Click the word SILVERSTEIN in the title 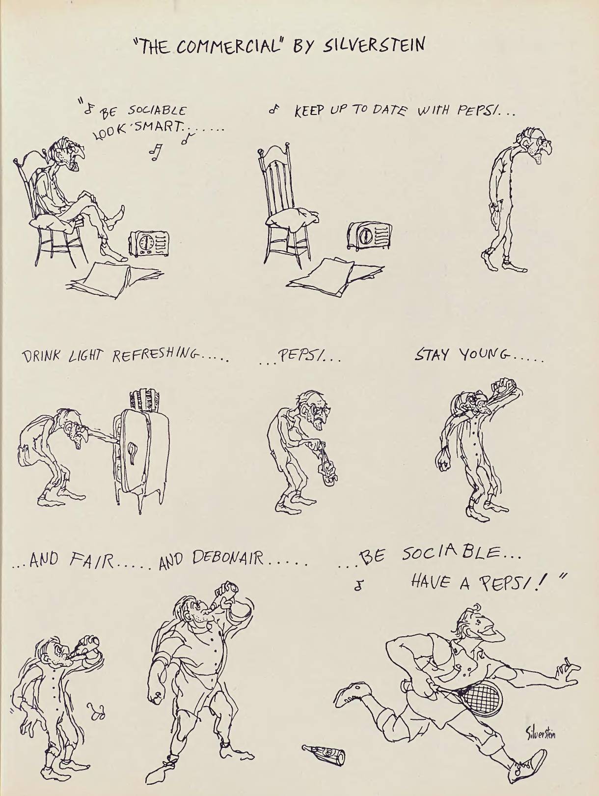point(373,46)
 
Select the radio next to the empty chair point(370,236)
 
